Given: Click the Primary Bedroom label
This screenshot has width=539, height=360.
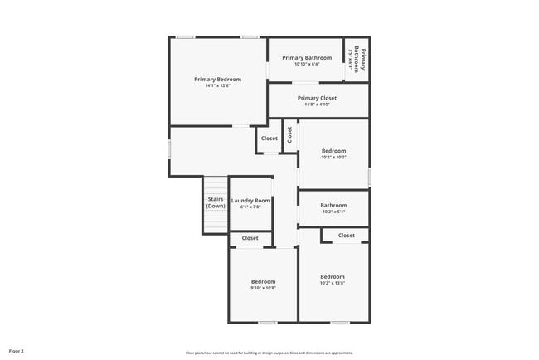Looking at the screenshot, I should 217,79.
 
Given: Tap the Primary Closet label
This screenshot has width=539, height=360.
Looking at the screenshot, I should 317,98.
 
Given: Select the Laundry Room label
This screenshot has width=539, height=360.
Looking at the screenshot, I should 250,200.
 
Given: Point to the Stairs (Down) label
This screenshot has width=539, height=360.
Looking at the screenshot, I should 216,202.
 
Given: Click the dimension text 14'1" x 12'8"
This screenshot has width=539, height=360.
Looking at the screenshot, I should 217,85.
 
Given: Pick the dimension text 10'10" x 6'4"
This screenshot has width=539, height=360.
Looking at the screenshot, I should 307,64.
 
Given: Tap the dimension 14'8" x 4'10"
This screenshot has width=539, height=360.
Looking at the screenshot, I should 317,105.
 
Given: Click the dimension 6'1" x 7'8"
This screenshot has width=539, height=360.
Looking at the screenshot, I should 250,207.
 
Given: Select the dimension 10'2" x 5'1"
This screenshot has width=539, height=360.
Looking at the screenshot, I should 333,212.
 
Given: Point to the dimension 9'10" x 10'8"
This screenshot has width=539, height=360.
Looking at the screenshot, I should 263,289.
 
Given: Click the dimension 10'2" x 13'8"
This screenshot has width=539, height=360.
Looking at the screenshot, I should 333,283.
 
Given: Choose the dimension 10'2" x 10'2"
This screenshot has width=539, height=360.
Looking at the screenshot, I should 333,157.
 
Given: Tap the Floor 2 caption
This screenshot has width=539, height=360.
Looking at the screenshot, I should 17,351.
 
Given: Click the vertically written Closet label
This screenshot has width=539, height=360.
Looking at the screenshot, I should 289,134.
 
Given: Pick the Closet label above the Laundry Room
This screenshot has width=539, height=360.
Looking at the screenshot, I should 269,139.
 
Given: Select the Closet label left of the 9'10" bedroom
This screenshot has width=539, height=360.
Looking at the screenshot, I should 250,238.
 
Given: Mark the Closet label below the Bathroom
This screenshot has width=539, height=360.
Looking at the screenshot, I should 347,236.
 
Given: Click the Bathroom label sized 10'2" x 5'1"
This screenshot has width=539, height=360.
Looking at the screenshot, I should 333,205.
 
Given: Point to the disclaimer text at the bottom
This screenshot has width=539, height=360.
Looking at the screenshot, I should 269,353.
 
